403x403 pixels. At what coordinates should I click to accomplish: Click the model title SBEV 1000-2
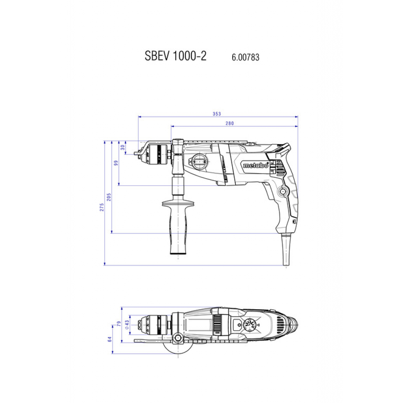point(176,56)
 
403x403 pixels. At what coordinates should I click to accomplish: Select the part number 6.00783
point(246,57)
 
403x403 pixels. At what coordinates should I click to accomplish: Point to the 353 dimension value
point(217,114)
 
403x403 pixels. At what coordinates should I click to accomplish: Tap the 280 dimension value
point(230,123)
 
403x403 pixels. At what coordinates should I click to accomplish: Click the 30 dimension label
point(123,147)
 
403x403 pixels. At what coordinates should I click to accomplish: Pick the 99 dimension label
point(116,163)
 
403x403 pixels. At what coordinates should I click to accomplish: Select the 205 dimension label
point(109,197)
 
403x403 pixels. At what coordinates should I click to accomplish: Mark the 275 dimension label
point(102,207)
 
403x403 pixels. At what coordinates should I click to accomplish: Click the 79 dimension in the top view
point(119,324)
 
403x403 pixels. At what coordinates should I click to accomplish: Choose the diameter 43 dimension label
point(127,325)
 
